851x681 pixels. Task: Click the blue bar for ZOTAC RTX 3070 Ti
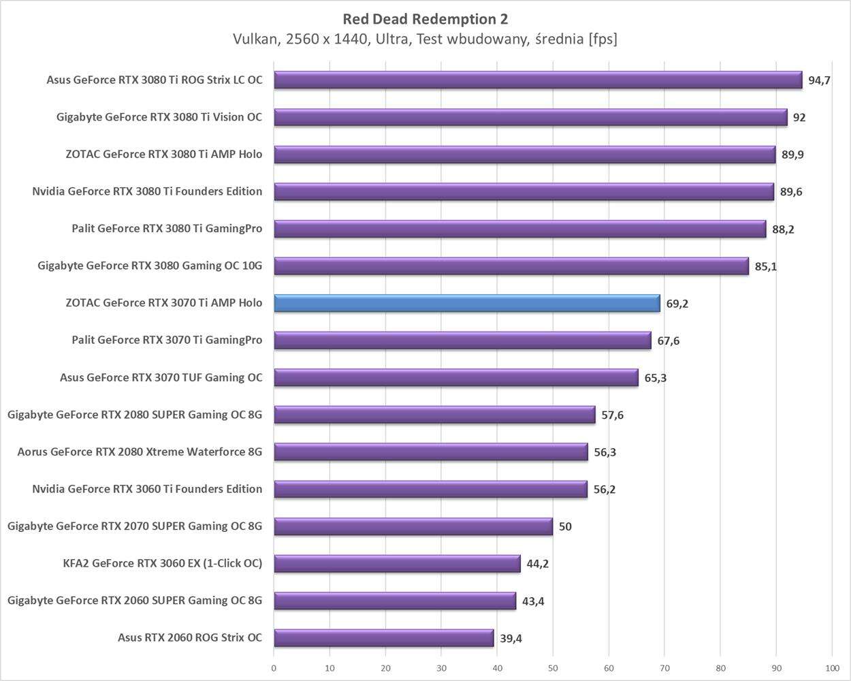tap(467, 303)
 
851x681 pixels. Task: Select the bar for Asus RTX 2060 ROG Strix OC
tap(384, 638)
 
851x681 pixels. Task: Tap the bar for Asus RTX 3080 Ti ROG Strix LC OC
tap(538, 80)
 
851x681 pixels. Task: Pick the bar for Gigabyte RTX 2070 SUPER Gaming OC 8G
tap(413, 526)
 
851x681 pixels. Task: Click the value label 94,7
tap(819, 80)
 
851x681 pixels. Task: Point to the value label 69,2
tap(677, 304)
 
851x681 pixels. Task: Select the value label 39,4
tap(511, 638)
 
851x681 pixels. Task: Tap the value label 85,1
tap(765, 266)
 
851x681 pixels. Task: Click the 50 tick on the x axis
tap(553, 668)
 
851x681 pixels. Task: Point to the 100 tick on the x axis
tap(832, 668)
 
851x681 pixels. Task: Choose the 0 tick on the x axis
tap(274, 668)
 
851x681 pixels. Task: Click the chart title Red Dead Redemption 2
tap(425, 18)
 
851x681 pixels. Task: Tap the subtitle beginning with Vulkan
tap(425, 39)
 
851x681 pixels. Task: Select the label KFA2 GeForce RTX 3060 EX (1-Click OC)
tap(162, 563)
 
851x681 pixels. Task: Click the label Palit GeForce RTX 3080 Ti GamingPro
tap(167, 228)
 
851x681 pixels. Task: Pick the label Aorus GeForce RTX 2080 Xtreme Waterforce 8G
tap(140, 452)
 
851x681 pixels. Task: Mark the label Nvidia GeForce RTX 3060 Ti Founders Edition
tap(147, 489)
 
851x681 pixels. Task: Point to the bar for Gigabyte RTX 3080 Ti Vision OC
tap(530, 117)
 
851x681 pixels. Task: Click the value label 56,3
tap(605, 452)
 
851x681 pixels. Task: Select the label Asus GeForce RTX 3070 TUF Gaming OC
tap(161, 377)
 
